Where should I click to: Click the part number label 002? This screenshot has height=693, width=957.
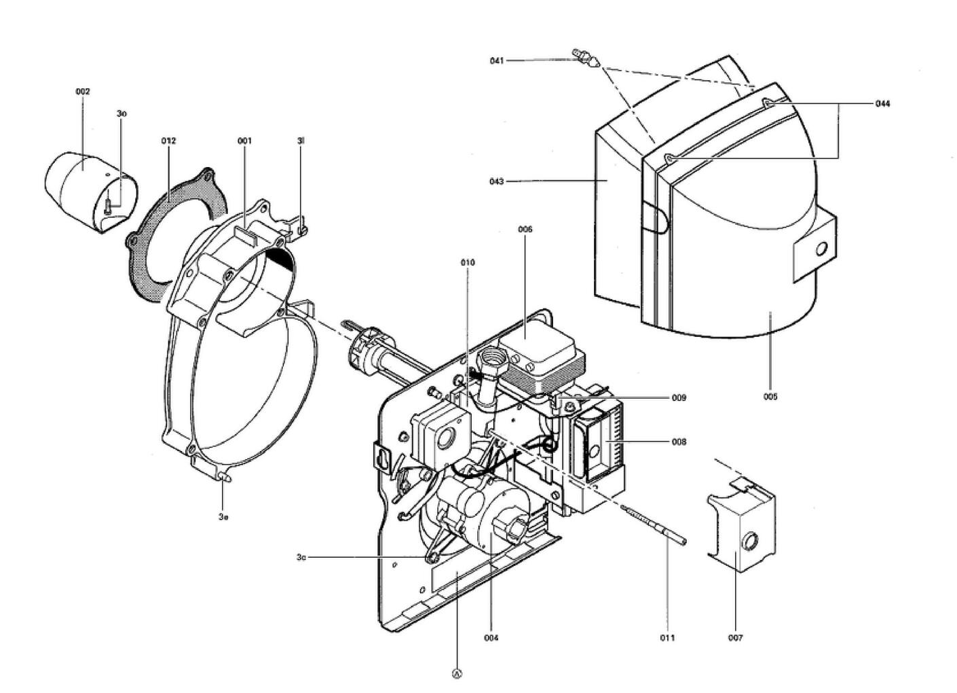click(x=83, y=91)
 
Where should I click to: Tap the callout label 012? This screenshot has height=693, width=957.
click(x=168, y=141)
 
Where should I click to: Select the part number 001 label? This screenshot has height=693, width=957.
click(x=244, y=141)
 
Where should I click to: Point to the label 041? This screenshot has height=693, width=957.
click(x=497, y=61)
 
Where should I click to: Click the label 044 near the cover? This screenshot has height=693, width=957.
click(x=882, y=104)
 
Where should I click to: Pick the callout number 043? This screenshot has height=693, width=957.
click(x=497, y=181)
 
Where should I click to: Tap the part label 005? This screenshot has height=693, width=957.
click(x=770, y=397)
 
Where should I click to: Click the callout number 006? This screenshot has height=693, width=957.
click(x=525, y=230)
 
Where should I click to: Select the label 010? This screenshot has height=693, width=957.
click(x=468, y=262)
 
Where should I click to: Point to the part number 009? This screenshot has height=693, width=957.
click(x=679, y=398)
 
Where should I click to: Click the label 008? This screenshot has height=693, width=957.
click(x=679, y=442)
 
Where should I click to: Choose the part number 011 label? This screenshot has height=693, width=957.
click(x=667, y=638)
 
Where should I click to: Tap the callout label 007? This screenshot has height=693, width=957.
click(x=736, y=638)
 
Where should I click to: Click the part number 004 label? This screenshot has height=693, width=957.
click(x=491, y=638)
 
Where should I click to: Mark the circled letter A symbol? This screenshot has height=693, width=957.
click(x=457, y=674)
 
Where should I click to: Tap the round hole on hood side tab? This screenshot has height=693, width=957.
click(x=821, y=249)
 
